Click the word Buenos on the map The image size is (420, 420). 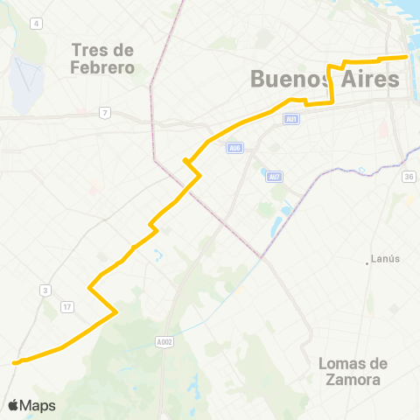(x=290, y=79)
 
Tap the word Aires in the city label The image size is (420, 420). (x=368, y=79)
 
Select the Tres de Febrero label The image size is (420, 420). (x=103, y=58)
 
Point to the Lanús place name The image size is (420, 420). (x=385, y=259)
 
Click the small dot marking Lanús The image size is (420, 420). (x=367, y=260)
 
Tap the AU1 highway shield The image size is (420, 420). (x=291, y=117)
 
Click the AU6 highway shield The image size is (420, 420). (x=234, y=148)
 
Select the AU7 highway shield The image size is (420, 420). (x=274, y=177)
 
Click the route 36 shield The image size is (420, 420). (x=408, y=177)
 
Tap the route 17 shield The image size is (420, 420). (x=66, y=306)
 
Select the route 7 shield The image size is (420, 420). (x=104, y=112)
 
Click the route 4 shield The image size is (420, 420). (x=36, y=23)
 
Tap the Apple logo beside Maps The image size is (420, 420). (x=14, y=404)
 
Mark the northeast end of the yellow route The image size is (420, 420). (x=408, y=57)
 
